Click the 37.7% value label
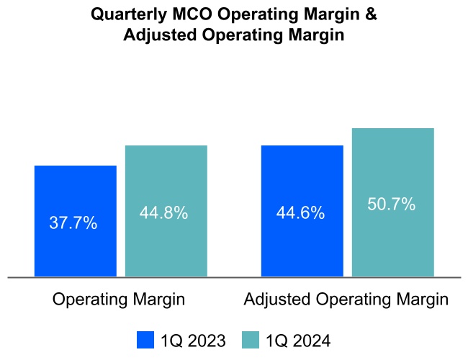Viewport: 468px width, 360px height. coord(73,223)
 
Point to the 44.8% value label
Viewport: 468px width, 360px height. coord(163,213)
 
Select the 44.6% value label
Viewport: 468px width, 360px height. coord(300,213)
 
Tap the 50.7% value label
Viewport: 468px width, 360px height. coord(392,204)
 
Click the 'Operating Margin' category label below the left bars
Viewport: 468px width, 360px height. coord(119,300)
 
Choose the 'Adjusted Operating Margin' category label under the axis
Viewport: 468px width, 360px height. coord(346,300)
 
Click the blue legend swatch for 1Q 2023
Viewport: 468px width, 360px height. coord(145,340)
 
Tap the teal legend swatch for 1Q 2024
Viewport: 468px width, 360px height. coord(251,340)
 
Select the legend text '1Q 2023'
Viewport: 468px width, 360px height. coord(192,340)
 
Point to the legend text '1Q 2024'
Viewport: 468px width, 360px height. coord(297,340)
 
